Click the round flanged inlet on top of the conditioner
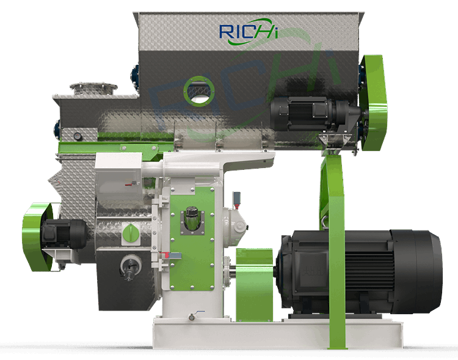point(93,88)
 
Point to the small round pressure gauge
point(78,136)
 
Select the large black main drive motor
point(358,272)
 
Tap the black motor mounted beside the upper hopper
point(314,113)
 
